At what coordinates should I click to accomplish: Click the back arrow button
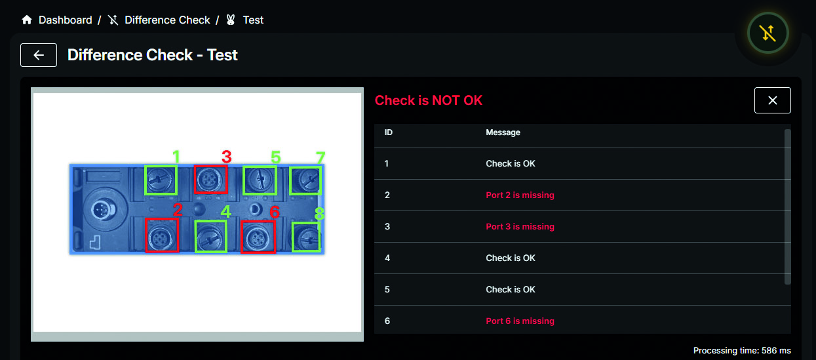[39, 55]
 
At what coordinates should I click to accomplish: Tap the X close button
[772, 100]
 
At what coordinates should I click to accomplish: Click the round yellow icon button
[768, 33]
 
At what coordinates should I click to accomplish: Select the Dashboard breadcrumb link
[65, 20]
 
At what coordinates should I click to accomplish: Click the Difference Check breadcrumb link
[167, 20]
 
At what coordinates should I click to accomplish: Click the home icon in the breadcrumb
[27, 20]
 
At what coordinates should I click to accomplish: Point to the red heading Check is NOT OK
[429, 100]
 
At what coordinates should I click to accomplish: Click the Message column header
[503, 132]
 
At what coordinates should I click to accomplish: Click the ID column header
[388, 132]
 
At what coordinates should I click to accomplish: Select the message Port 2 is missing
[520, 195]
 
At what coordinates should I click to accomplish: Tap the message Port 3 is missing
[520, 226]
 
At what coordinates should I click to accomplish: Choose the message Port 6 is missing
[520, 321]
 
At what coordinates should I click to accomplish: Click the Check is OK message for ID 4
[511, 258]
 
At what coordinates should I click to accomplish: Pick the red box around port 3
[195, 179]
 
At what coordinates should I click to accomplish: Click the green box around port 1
[146, 180]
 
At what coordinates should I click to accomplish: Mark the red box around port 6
[241, 237]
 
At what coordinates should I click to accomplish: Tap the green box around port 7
[290, 180]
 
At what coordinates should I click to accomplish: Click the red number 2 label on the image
[178, 210]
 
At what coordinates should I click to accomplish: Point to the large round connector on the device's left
[104, 210]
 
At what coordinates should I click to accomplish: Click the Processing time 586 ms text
[742, 351]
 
